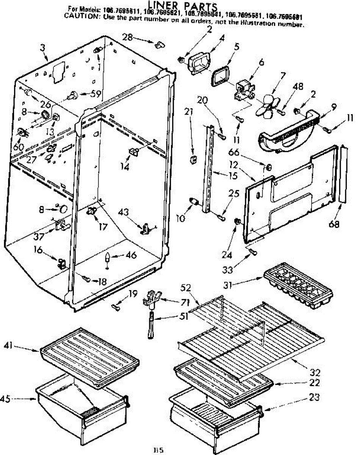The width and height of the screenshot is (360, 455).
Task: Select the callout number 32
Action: click(x=315, y=372)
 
